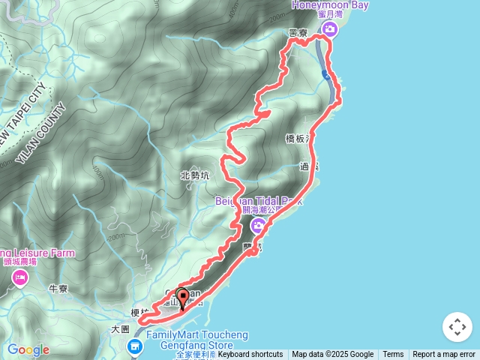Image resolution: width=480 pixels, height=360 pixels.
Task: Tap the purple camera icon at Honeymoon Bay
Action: (x=329, y=29)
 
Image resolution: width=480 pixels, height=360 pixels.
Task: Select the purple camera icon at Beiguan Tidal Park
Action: (x=258, y=226)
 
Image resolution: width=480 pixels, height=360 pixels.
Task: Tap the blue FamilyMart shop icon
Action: (x=135, y=346)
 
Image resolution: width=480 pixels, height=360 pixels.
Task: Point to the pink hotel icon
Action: (x=19, y=279)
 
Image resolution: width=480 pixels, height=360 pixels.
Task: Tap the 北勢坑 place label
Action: (x=196, y=175)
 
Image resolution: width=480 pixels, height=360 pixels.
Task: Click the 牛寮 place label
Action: (x=58, y=288)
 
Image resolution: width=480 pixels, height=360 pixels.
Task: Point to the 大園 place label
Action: (x=121, y=328)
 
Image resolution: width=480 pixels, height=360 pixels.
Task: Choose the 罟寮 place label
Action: (x=298, y=34)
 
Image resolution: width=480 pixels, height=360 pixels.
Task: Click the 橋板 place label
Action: (x=297, y=139)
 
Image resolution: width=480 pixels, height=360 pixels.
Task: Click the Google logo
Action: (x=28, y=349)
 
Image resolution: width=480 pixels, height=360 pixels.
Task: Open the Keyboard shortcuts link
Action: (x=250, y=355)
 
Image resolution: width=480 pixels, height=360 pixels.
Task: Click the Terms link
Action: (x=393, y=355)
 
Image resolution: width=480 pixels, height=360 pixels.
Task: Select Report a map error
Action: (x=444, y=355)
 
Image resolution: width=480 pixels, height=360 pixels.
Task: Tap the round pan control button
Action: (x=457, y=327)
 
